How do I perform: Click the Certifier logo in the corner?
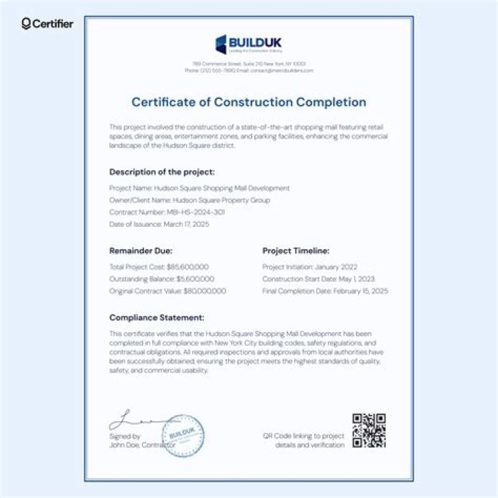tap(47, 24)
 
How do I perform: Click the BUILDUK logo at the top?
tap(248, 44)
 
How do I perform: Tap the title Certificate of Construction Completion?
tap(248, 102)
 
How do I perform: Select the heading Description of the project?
tap(162, 171)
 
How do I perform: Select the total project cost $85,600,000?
tap(187, 266)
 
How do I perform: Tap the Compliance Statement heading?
tap(156, 317)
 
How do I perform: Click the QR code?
tap(369, 430)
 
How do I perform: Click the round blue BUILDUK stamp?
tap(182, 434)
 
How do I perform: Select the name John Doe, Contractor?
tap(142, 445)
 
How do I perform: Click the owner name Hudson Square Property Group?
tap(221, 200)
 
